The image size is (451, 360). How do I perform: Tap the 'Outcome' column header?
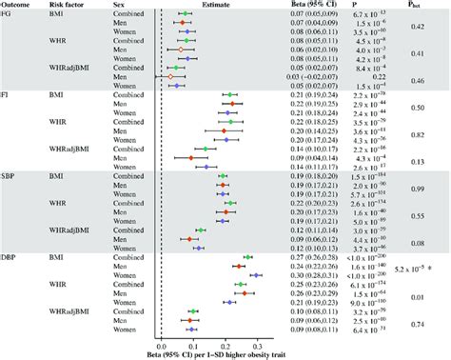(x=18, y=5)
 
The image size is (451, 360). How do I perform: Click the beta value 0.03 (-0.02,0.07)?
(x=307, y=76)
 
